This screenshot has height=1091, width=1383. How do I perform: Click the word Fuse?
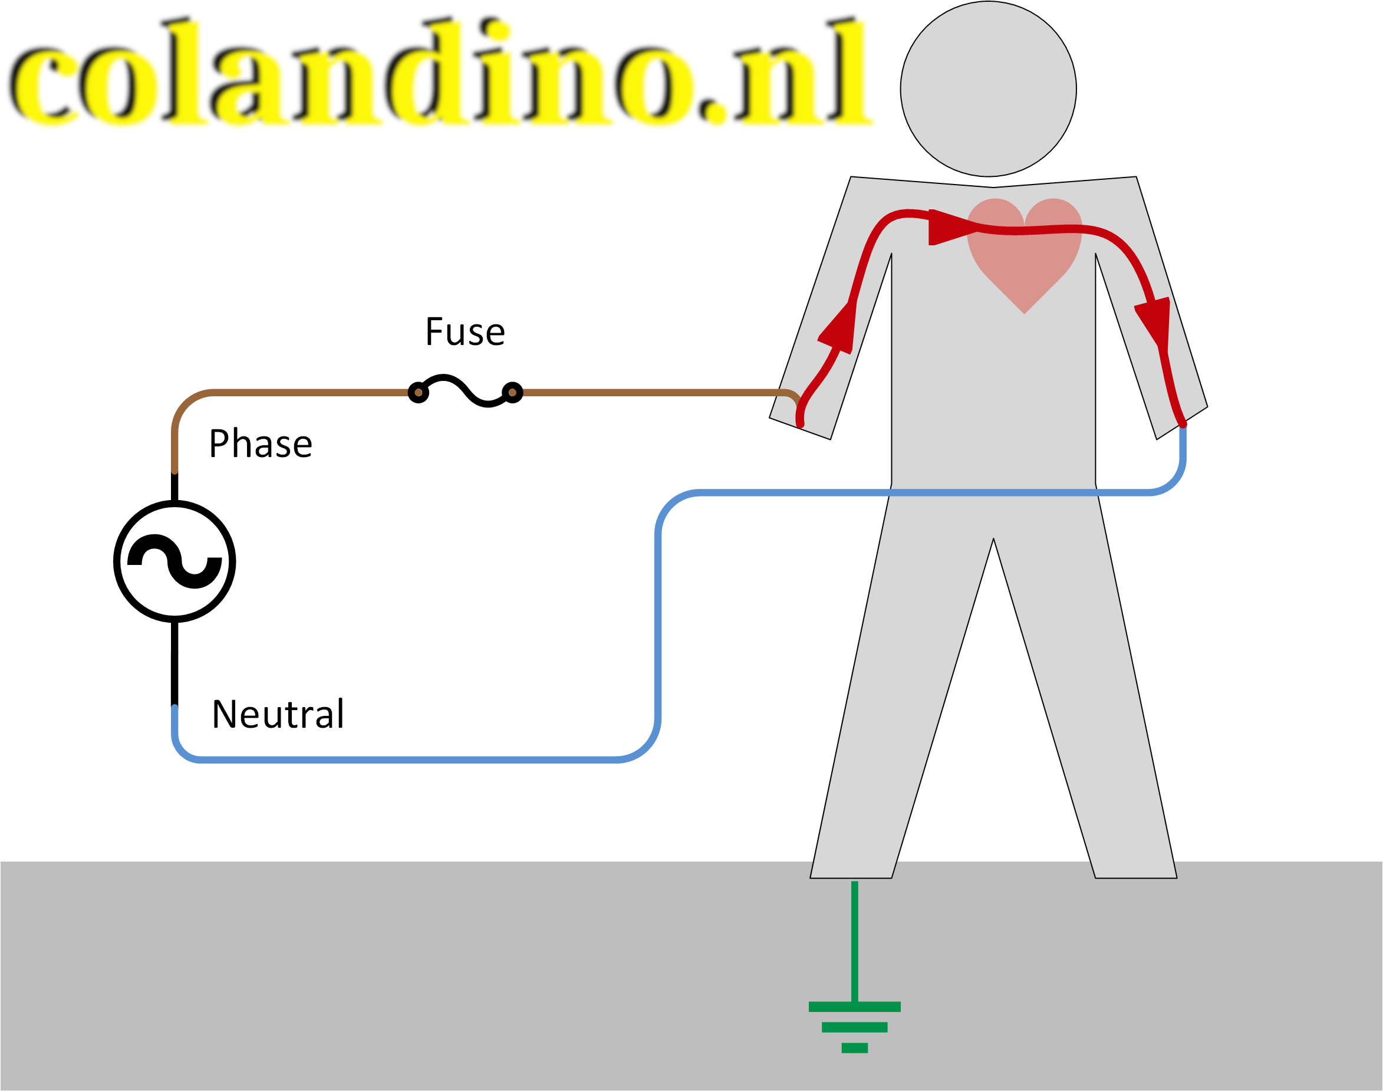point(465,331)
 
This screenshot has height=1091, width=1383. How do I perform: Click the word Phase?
point(261,443)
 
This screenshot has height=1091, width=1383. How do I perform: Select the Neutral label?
point(278,714)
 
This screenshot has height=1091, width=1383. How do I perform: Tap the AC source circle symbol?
point(174,561)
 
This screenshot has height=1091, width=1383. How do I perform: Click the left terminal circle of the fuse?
point(418,392)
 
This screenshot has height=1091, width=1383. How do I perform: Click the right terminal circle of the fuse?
point(512,392)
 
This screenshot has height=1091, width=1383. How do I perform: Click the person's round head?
point(989,89)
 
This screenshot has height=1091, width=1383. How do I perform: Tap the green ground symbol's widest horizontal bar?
point(854,1007)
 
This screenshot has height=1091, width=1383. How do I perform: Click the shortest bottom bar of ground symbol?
point(854,1047)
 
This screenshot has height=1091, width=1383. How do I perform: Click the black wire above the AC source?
point(174,487)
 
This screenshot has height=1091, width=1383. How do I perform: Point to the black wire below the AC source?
point(174,664)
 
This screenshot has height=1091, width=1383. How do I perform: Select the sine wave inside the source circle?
point(174,561)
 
